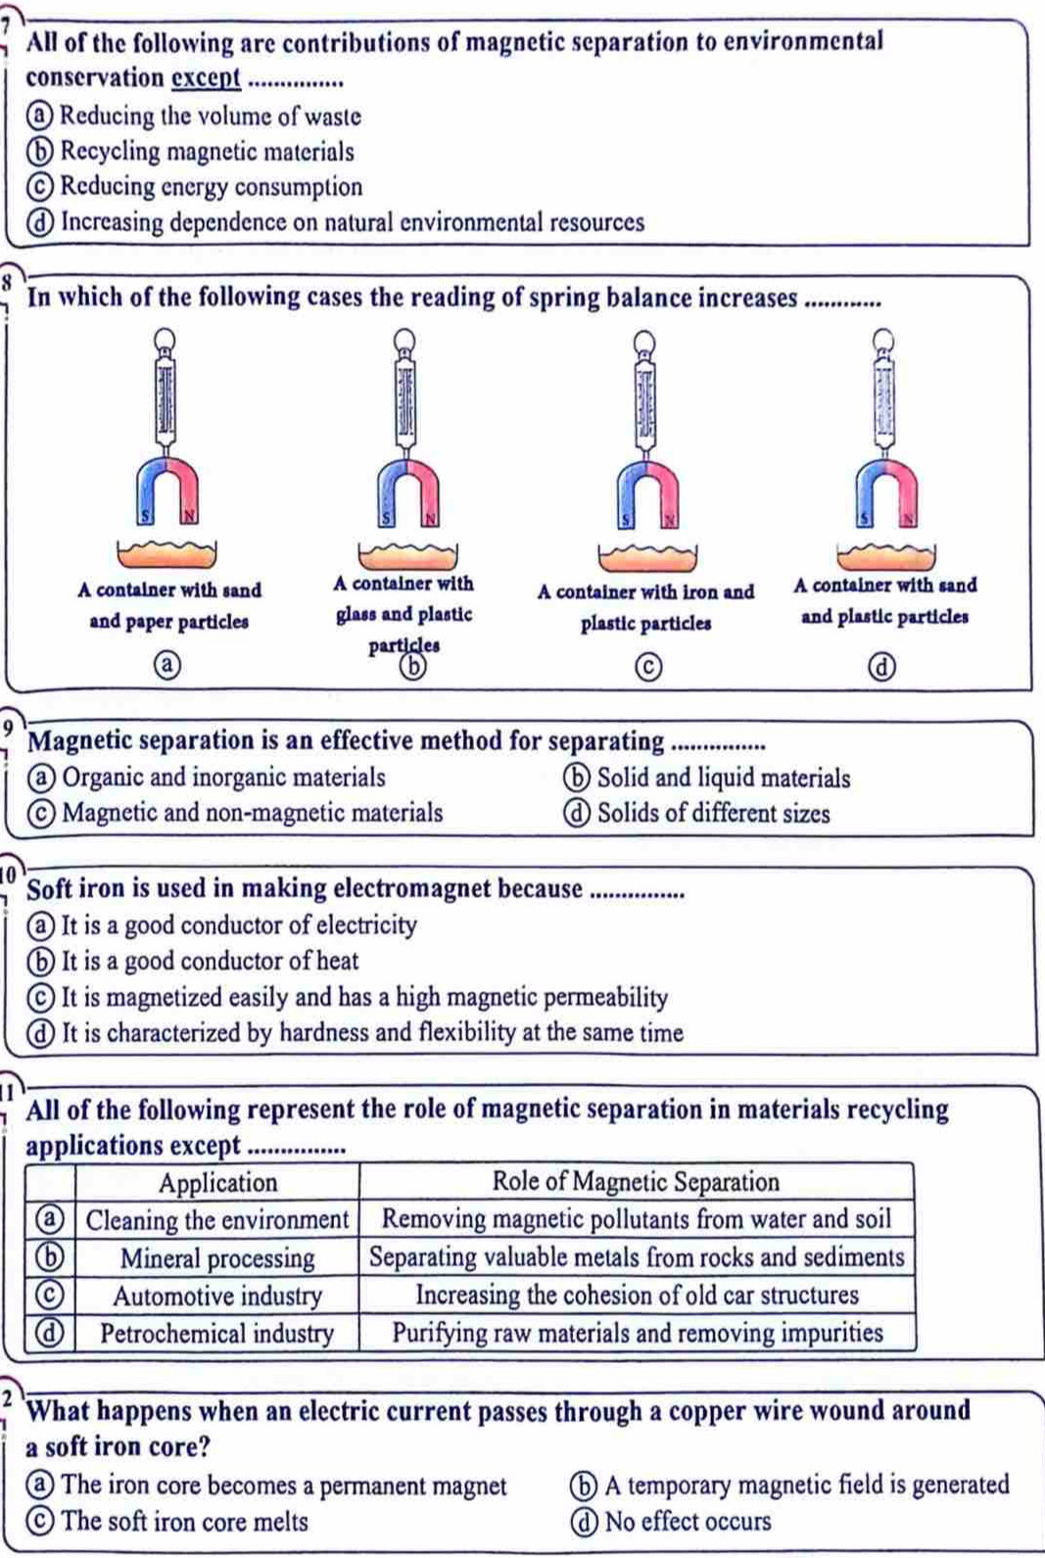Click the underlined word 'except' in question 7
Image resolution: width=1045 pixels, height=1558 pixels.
coord(206,78)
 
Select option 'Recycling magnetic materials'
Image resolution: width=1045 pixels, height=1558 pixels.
coord(207,152)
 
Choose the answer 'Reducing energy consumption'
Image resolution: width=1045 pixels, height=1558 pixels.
coord(211,187)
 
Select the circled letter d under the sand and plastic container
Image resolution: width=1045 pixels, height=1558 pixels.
coord(884,667)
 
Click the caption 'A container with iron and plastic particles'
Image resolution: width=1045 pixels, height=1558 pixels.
coord(645,607)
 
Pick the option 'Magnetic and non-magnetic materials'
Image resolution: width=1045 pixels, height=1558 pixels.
coord(252,813)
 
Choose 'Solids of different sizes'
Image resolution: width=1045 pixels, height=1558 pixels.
coord(713,814)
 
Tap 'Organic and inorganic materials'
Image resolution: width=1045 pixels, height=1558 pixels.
coord(223,778)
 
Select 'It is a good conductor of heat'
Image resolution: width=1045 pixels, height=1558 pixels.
coord(210,962)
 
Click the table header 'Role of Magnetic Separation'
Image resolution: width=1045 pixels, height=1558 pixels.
coord(636,1182)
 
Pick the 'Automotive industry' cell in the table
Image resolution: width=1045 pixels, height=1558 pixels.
coord(216,1297)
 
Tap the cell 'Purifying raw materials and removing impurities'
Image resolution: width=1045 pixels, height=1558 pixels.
coord(637,1333)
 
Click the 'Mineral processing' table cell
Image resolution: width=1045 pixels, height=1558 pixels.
coord(216,1258)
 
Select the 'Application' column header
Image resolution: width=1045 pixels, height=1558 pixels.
coord(217,1183)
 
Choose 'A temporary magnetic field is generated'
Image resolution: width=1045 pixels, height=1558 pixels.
coord(806,1486)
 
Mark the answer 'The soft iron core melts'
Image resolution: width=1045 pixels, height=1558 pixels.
coord(184,1522)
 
